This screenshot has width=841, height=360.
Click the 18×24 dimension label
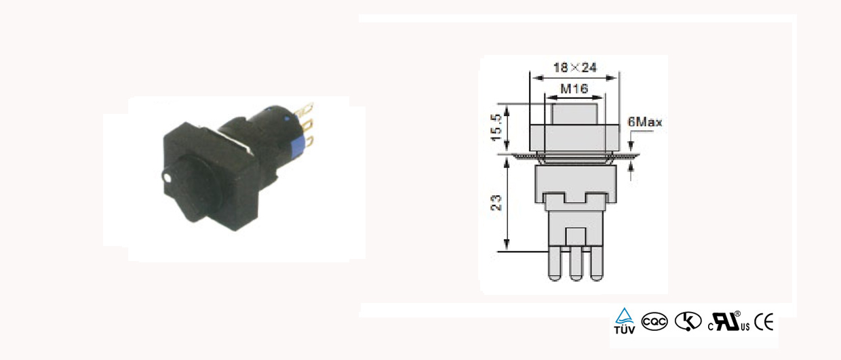click(x=575, y=68)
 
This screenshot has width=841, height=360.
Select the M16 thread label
click(x=574, y=89)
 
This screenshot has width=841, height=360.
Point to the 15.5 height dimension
click(x=496, y=127)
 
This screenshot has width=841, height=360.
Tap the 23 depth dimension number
click(x=496, y=203)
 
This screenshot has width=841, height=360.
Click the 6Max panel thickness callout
click(x=645, y=122)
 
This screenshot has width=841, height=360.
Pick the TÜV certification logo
click(x=625, y=321)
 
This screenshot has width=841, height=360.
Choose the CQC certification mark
click(x=654, y=322)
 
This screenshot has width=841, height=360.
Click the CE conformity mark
click(x=764, y=322)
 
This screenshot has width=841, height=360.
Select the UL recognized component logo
click(x=728, y=322)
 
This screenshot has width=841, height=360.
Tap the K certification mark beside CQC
click(x=688, y=322)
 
